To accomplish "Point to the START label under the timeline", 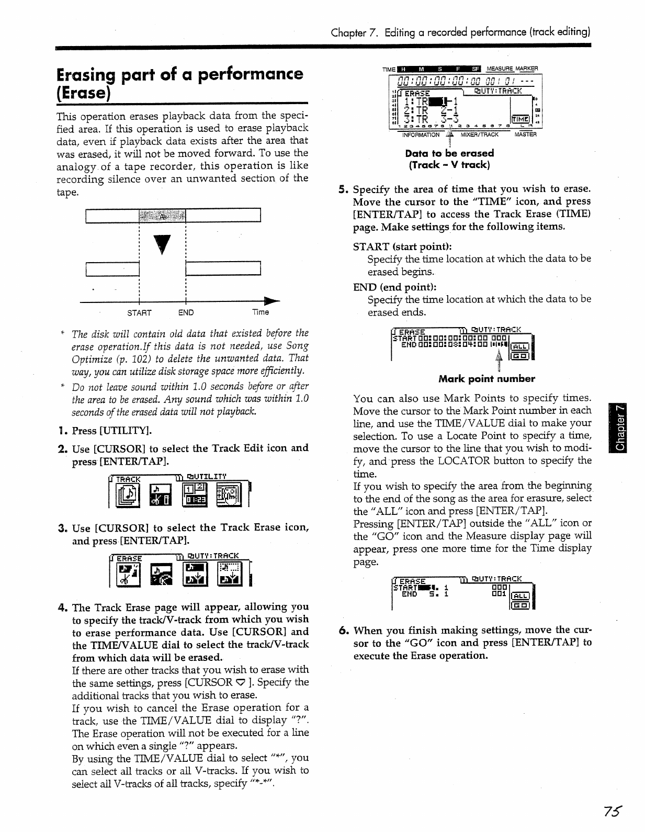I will pyautogui.click(x=139, y=312).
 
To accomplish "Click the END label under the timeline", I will pyautogui.click(x=186, y=312).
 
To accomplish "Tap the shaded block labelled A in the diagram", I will pyautogui.click(x=162, y=215).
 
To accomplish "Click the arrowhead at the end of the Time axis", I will pyautogui.click(x=273, y=302).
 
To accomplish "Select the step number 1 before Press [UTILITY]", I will pyautogui.click(x=62, y=431).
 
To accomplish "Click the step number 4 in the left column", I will pyautogui.click(x=62, y=608).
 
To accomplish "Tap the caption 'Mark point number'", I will pyautogui.click(x=486, y=378).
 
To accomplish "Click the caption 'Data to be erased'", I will pyautogui.click(x=449, y=153).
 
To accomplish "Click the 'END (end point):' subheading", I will pyautogui.click(x=394, y=287).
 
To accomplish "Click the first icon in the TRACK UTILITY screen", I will pyautogui.click(x=127, y=495).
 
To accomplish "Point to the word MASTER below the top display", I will pyautogui.click(x=525, y=135).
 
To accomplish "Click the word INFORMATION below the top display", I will pyautogui.click(x=421, y=135).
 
